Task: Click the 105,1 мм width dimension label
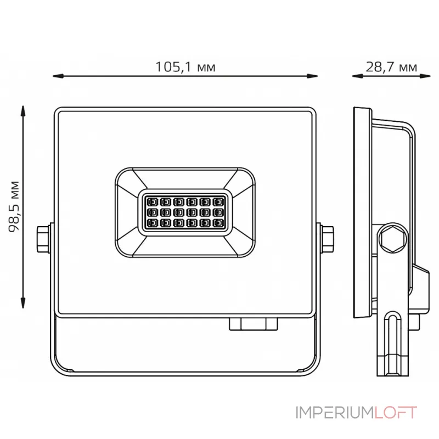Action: (x=185, y=67)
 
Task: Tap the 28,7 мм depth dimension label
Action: (x=391, y=67)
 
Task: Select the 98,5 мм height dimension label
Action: (x=14, y=207)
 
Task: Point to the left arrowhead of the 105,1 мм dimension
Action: (x=58, y=76)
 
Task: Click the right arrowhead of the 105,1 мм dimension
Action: (x=312, y=76)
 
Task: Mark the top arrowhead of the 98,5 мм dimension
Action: (x=23, y=111)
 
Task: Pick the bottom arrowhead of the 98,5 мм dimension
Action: (x=23, y=303)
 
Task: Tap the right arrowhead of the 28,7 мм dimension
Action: (x=425, y=76)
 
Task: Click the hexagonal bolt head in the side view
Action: (x=392, y=239)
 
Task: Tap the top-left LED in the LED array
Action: (x=153, y=202)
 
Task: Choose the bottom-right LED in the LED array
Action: (x=218, y=223)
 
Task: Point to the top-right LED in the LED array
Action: (x=218, y=202)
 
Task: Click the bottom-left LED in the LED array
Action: (x=153, y=223)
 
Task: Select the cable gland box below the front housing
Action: (x=254, y=324)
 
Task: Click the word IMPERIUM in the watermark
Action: (x=335, y=413)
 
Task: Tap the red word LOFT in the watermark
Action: (x=396, y=413)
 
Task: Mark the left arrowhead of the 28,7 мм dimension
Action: (x=358, y=76)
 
